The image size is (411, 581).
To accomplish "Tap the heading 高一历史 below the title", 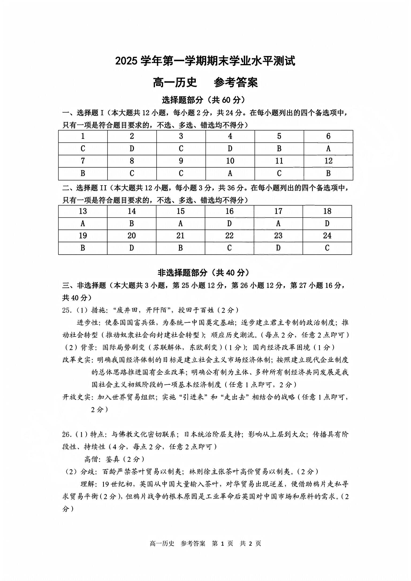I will click(175, 82).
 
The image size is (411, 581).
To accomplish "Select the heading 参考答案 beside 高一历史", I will click(236, 82).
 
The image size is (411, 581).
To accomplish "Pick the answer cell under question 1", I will click(83, 149).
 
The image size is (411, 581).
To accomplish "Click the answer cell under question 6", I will click(328, 149).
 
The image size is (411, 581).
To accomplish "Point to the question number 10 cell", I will click(230, 161).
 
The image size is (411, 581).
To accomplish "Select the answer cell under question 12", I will click(328, 173).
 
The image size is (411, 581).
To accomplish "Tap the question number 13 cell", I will click(83, 211).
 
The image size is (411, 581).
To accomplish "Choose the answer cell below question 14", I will click(132, 223).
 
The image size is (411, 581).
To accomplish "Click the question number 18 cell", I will click(327, 211).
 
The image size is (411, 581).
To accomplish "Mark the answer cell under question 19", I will click(83, 248).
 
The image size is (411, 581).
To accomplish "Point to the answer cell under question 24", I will click(327, 248).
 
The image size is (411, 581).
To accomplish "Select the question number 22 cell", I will click(229, 236).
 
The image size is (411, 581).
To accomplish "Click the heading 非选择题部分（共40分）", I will click(204, 273).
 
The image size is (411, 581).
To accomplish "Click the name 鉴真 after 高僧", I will click(113, 459).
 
